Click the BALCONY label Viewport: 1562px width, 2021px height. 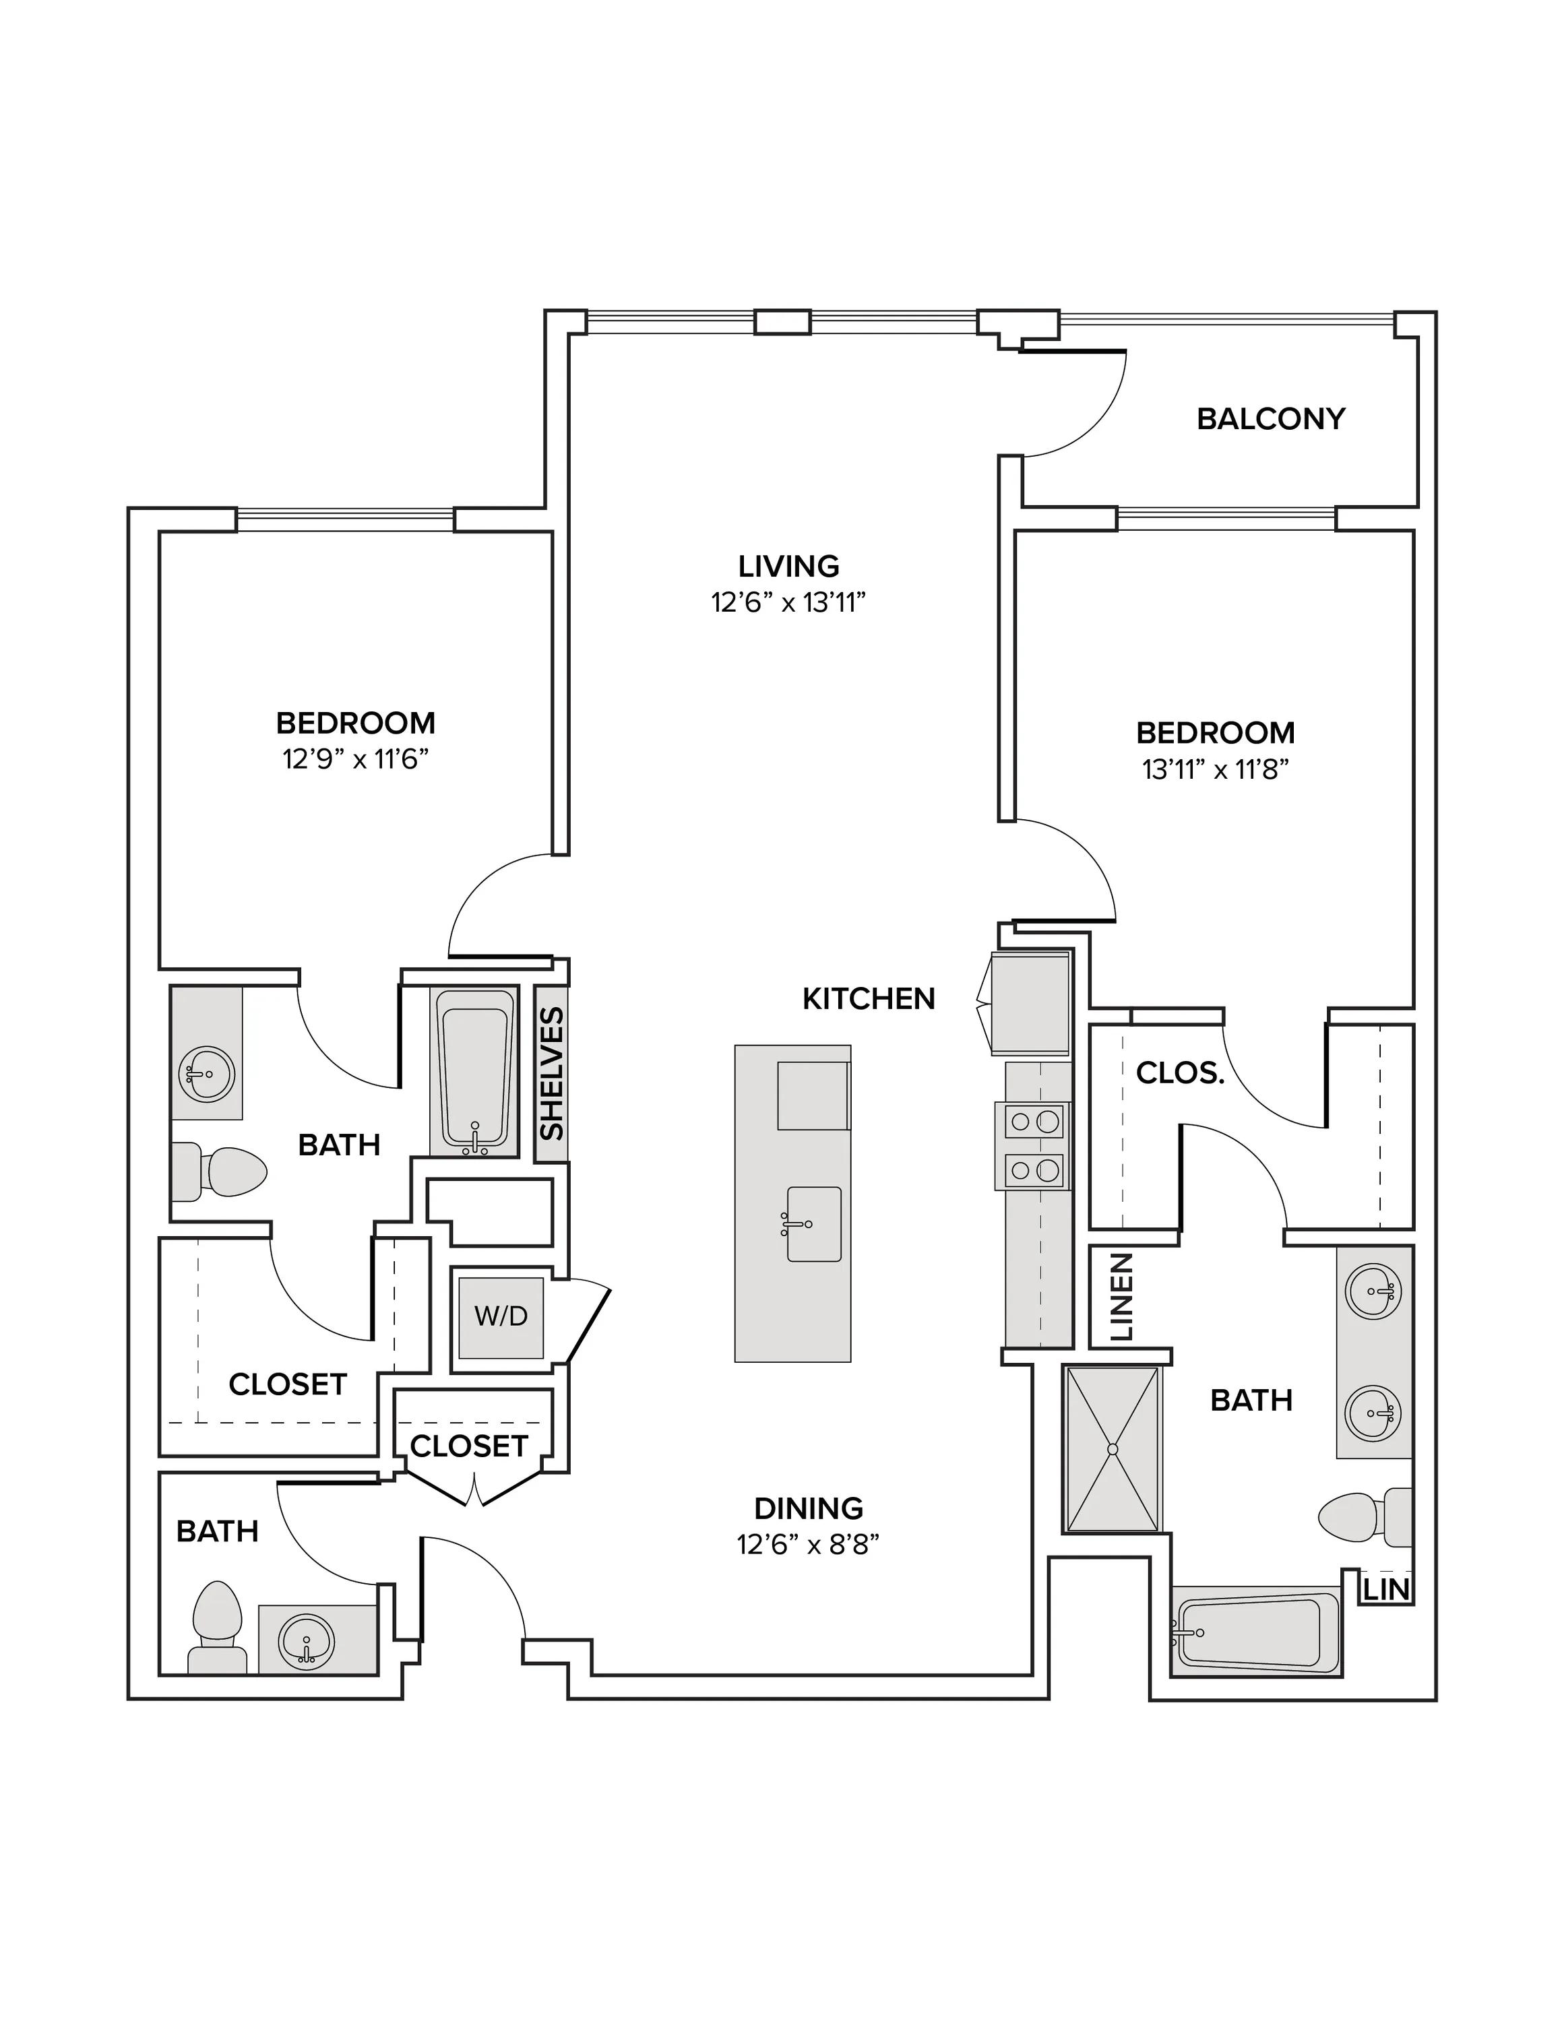pos(1270,419)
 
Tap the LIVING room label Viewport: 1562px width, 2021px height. pos(788,565)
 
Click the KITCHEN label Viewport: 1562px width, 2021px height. pos(869,998)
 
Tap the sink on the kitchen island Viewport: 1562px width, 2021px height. pos(813,1224)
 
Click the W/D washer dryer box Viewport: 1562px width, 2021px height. pos(501,1317)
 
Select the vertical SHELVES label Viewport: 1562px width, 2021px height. pos(551,1073)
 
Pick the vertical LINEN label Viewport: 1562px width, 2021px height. pos(1121,1297)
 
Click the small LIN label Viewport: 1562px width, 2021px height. pos(1387,1590)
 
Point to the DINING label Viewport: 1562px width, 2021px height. pos(809,1508)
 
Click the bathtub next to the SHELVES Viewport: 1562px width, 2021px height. pos(474,1070)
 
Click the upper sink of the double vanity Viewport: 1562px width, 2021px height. pos(1374,1289)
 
